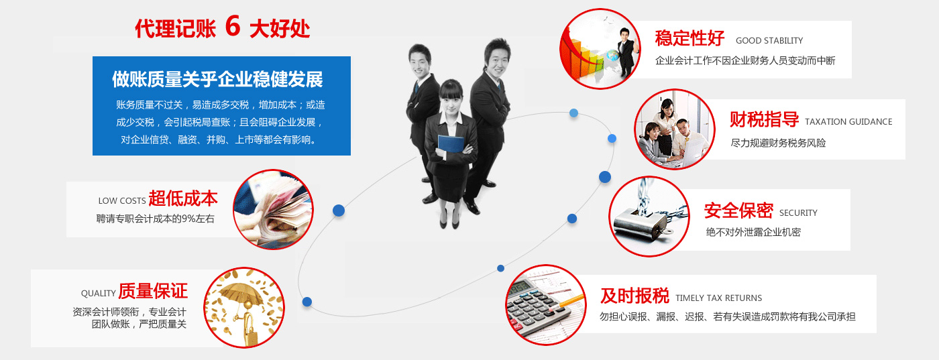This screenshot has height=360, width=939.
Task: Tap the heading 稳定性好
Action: (x=689, y=38)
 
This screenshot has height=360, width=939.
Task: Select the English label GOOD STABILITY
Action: (x=769, y=41)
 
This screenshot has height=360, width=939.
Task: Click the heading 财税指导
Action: (x=764, y=119)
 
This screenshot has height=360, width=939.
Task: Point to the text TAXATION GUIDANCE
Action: (x=848, y=122)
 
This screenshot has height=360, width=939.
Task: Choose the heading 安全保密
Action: (x=738, y=211)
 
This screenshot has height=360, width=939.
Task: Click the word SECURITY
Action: (x=798, y=213)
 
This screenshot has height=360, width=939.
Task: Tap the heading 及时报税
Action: (x=634, y=296)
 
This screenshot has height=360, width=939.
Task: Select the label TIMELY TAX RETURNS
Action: (x=718, y=298)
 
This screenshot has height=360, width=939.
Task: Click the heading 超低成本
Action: (x=183, y=198)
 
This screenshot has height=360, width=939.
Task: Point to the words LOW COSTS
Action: (x=122, y=200)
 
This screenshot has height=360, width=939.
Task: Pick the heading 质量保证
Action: (x=153, y=291)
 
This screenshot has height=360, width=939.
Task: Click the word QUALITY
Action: (x=98, y=294)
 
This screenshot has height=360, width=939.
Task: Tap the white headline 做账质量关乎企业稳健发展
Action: (x=217, y=79)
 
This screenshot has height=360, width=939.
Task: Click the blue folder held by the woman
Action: (x=451, y=145)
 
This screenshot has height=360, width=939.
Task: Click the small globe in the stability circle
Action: (x=613, y=55)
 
